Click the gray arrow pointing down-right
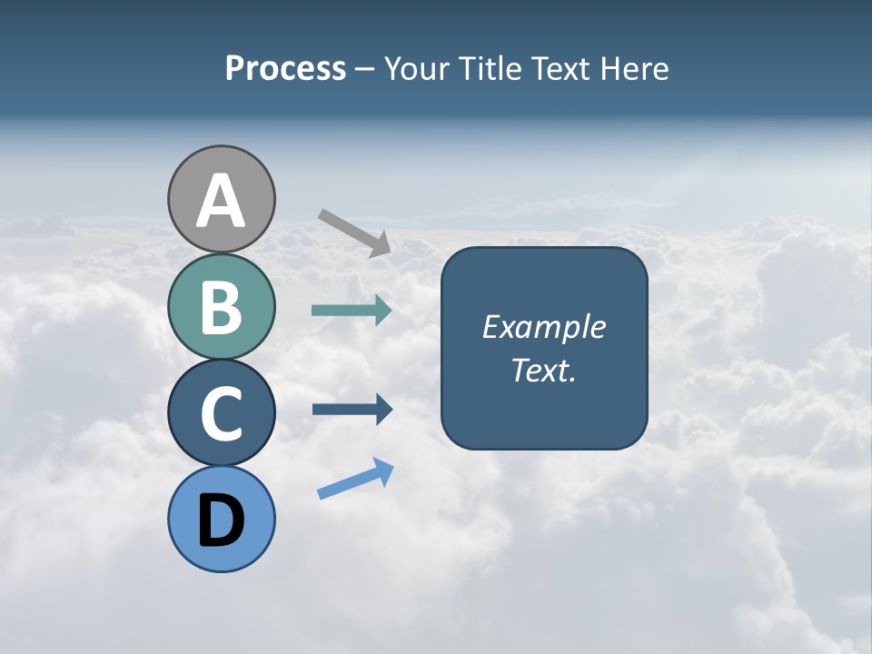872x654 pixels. pos(354,232)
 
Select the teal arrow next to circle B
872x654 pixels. pos(352,310)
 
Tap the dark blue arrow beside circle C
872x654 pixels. pos(352,410)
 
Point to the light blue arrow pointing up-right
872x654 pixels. pos(355,479)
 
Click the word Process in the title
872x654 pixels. pos(285,69)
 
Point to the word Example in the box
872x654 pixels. pos(543,327)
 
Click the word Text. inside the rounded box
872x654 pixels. pos(543,371)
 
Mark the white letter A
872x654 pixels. pos(222,202)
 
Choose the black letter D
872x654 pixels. pos(222,520)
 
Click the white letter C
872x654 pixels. pos(222,413)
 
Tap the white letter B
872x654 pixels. pos(222,307)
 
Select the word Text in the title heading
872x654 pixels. pos(560,69)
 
